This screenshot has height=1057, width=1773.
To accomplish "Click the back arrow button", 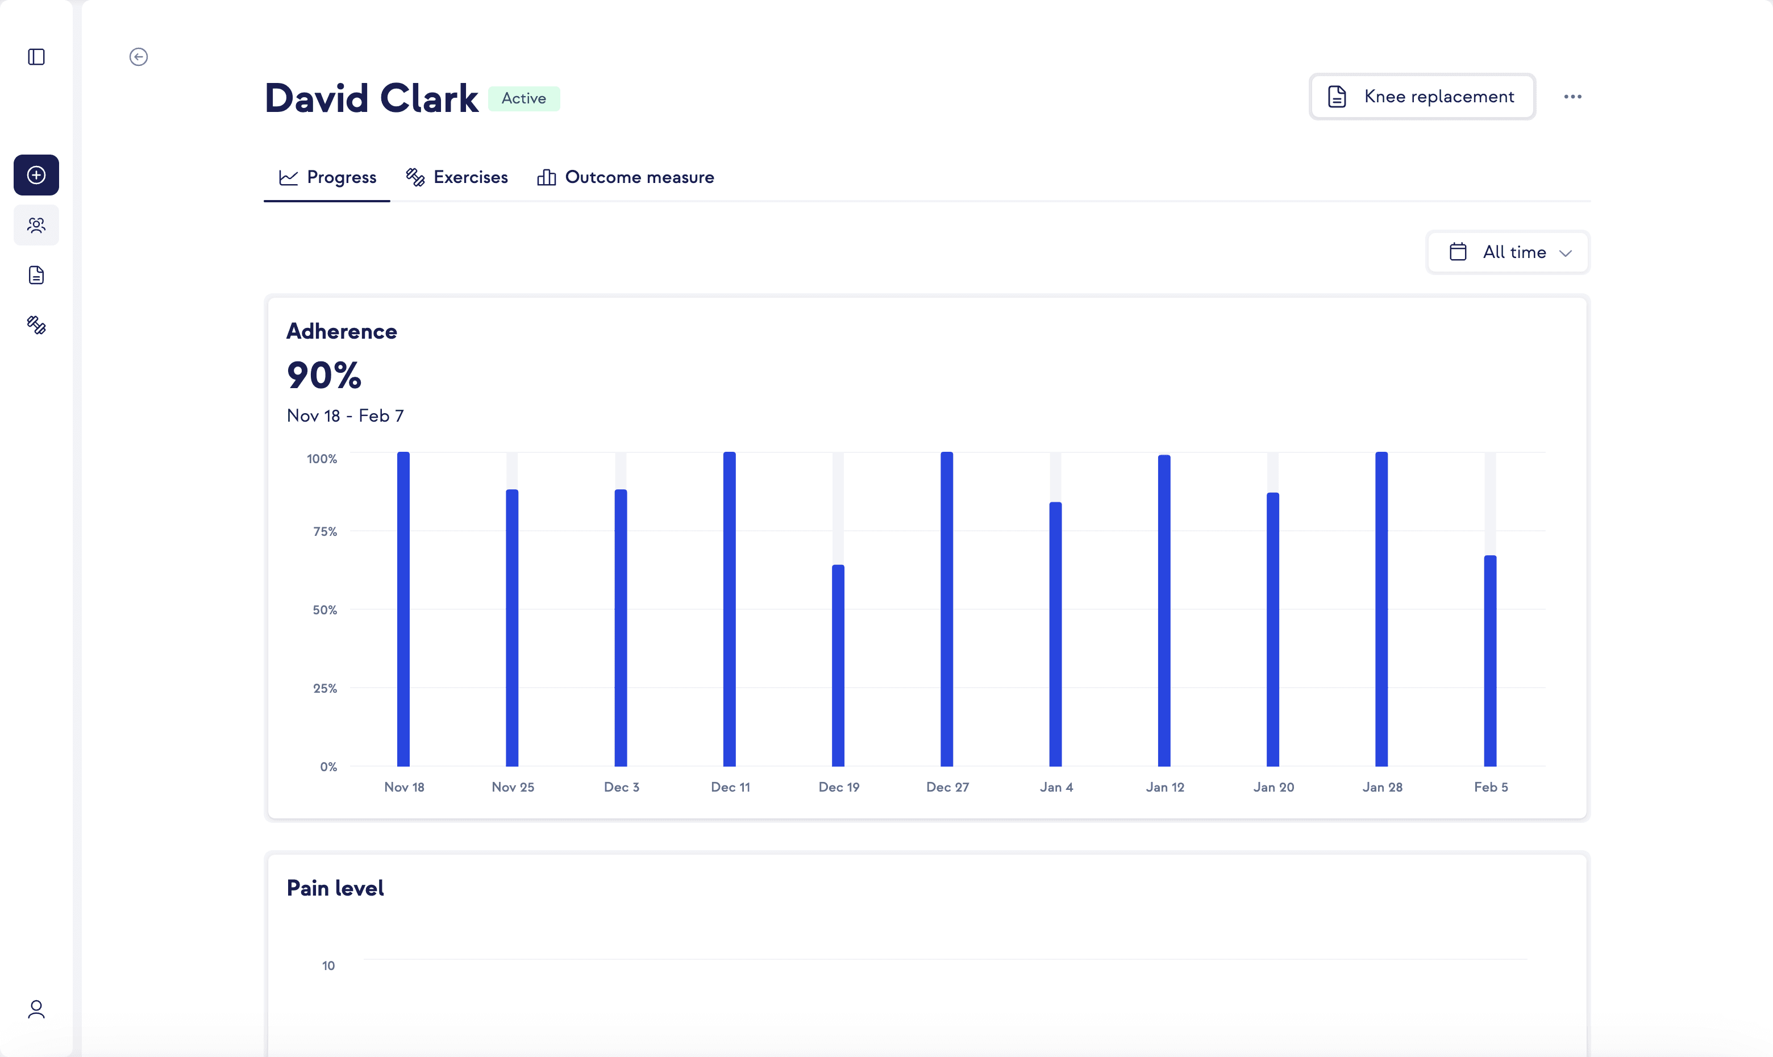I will [x=138, y=57].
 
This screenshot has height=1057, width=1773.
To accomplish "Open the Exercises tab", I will [x=456, y=177].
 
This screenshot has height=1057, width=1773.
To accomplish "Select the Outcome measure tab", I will [x=625, y=177].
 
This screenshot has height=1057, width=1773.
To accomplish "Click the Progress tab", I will [x=327, y=177].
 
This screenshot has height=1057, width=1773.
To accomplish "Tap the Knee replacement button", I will [x=1422, y=97].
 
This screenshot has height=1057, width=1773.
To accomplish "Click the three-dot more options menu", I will [x=1572, y=97].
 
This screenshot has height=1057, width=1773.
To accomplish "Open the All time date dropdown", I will [x=1508, y=252].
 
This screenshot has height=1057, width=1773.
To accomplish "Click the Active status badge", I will [x=523, y=98].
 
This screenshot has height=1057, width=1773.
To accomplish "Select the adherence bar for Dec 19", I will [x=838, y=665].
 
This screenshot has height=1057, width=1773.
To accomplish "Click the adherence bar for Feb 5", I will [x=1489, y=660].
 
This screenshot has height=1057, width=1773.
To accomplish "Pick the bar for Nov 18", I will [x=403, y=609].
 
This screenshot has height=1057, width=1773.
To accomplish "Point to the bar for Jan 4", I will [x=1055, y=634].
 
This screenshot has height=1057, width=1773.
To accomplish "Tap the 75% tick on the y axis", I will [x=324, y=531].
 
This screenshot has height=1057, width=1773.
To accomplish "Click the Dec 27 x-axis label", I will [x=947, y=787].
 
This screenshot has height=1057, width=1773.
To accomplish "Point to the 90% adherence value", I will [x=324, y=376].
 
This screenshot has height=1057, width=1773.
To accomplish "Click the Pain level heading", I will [x=335, y=888].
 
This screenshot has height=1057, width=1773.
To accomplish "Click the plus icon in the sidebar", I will [x=36, y=175].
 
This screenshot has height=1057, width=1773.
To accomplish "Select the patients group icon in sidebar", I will [x=36, y=226].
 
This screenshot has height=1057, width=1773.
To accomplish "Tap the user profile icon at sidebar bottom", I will [x=36, y=1009].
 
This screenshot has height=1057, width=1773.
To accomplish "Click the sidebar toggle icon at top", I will [x=36, y=57].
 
